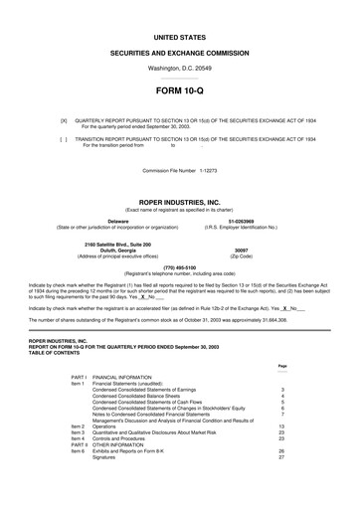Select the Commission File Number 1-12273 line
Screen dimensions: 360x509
point(179,170)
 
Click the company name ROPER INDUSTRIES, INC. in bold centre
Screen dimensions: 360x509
point(179,201)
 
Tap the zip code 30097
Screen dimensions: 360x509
point(241,251)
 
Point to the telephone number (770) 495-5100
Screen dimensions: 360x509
point(179,267)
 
